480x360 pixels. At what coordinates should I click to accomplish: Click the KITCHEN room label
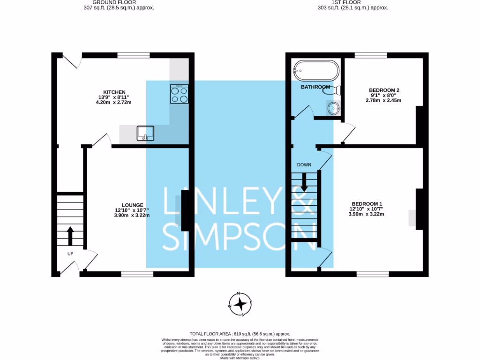114,91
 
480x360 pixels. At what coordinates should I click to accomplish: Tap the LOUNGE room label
132,205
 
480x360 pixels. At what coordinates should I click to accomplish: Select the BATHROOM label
315,87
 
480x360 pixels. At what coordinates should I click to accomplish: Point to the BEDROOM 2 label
384,90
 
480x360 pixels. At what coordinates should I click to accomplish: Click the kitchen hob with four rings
180,94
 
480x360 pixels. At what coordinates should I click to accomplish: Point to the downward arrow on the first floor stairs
304,182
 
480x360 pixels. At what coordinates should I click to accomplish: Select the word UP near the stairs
70,254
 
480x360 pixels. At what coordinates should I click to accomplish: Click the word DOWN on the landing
304,165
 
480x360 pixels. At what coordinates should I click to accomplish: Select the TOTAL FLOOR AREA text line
240,332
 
